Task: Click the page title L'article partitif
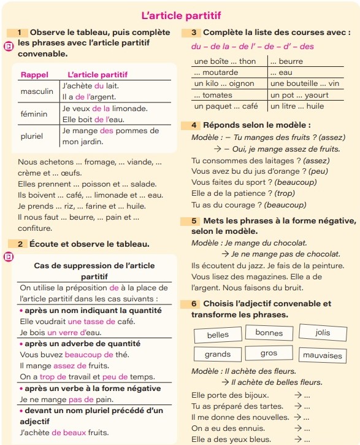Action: point(180,15)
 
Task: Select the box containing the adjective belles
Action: point(218,335)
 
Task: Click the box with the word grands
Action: point(218,354)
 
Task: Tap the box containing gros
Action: point(269,353)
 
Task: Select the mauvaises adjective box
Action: point(322,355)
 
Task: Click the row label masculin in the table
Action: point(37,91)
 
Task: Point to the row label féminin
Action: point(34,114)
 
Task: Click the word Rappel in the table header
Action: point(34,74)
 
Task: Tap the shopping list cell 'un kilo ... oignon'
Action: point(224,83)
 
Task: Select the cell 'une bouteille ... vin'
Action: point(305,83)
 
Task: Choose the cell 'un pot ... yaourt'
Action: point(300,95)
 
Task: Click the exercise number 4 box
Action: point(193,125)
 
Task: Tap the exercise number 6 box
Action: point(193,303)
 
